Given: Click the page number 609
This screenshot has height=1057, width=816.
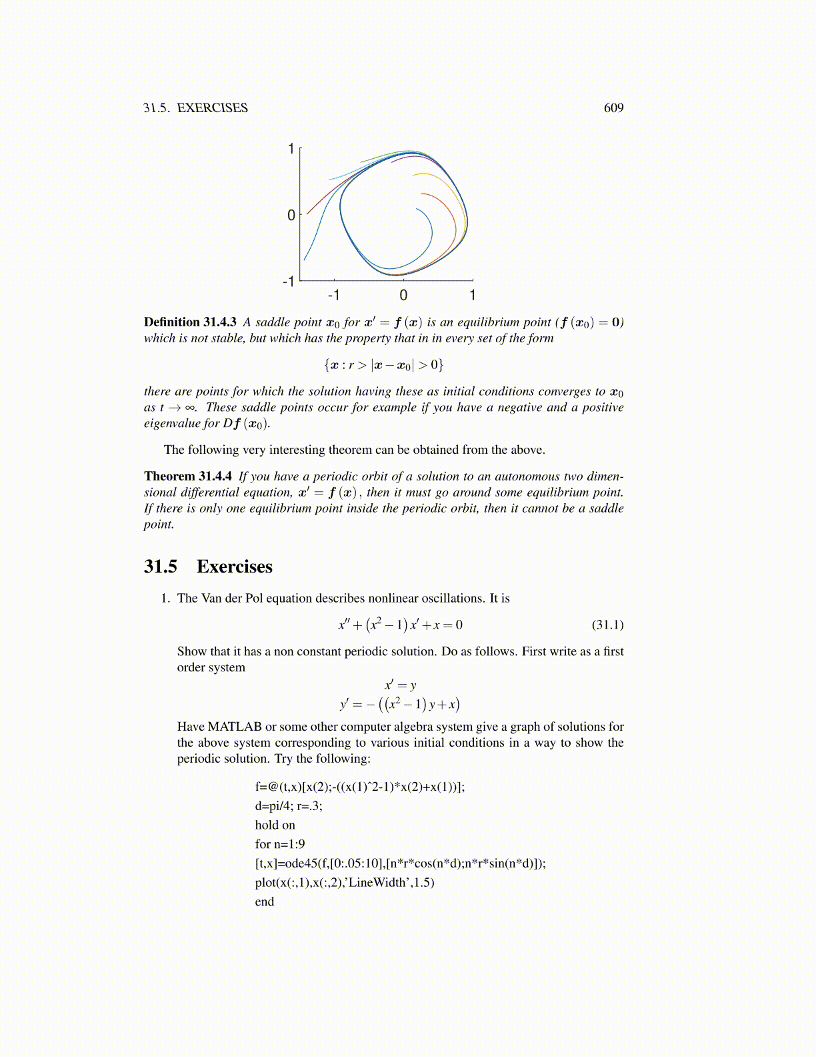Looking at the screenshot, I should pos(613,108).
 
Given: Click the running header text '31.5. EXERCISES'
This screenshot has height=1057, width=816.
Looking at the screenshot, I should pos(195,108).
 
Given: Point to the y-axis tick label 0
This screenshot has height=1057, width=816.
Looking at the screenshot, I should pos(291,216).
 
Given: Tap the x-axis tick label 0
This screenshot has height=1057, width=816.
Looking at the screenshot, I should pos(403,295).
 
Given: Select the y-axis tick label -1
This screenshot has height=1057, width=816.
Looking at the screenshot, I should pos(289,282).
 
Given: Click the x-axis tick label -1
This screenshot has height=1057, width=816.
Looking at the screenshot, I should pos(333,295).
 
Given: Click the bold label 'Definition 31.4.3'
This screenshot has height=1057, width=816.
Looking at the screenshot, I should pos(190,322).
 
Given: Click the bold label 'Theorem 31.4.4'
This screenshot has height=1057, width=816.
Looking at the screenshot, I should pos(188,476).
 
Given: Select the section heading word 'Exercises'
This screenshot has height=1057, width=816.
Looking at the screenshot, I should pos(235,567).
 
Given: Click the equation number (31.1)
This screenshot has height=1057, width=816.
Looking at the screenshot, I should pos(607,625).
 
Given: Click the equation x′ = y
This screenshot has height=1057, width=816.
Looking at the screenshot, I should pos(400,685).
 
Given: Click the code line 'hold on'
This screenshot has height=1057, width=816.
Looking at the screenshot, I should pos(275,825).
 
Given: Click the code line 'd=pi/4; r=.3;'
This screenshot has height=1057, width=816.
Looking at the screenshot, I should pos(289,806).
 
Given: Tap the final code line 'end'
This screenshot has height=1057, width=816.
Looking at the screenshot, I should pos(265,902).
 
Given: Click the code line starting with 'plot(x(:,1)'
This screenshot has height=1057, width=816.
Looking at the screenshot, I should pos(344,883).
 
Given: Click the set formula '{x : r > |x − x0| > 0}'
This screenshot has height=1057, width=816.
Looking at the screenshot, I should pos(383,365).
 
